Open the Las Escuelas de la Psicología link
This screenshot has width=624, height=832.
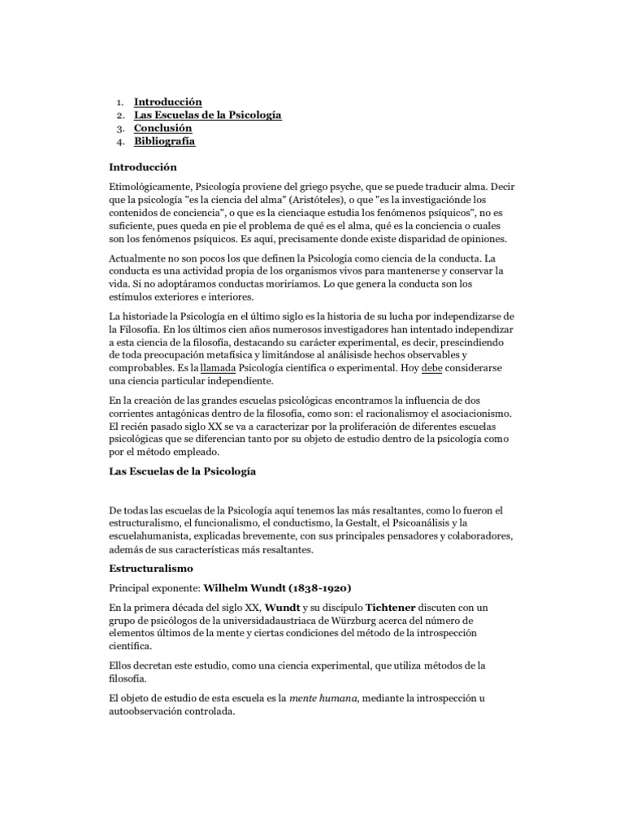207,115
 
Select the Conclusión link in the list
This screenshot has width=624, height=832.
162,128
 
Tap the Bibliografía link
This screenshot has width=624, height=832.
164,141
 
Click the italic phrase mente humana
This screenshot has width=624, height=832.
324,699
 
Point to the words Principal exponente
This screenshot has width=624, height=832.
154,587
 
